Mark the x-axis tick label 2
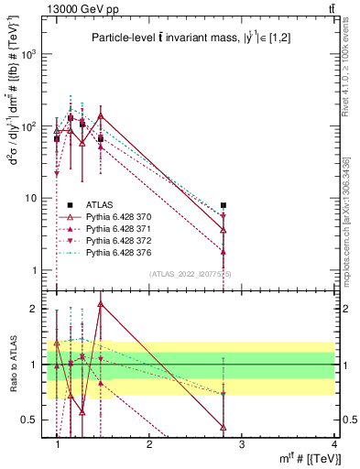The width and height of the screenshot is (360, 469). (149, 445)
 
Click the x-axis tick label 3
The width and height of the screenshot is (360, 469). (242, 445)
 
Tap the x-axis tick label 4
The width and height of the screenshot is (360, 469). (333, 445)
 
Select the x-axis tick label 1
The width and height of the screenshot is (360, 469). (57, 445)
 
